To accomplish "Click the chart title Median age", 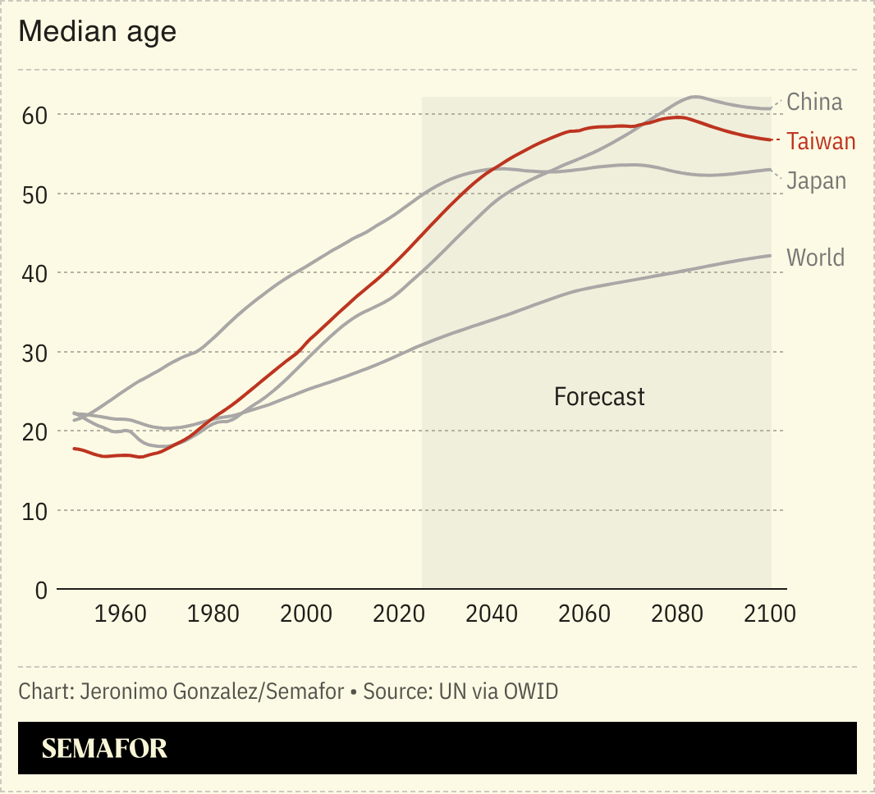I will pos(97,32).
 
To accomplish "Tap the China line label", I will pos(814,102).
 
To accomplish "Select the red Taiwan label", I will pos(821,141).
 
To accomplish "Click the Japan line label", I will pos(816,180).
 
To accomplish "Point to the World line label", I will pos(815,258).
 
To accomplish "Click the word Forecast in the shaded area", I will pos(599,397).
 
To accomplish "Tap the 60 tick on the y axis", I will pos(35,115).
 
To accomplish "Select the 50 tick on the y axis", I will pos(35,194).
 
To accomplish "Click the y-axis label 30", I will pos(35,353).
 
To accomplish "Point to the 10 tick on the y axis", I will pos(35,511).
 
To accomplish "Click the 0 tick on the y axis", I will pos(41,590).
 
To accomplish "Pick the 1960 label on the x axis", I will pos(121,614).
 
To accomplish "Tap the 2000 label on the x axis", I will pos(306,614).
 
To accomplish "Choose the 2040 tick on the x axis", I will pos(492,614).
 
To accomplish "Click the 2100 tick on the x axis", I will pos(769,614).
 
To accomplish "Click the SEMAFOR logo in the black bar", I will pos(104,748).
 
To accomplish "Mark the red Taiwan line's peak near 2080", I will pos(677,117).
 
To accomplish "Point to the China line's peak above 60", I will pos(694,97).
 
